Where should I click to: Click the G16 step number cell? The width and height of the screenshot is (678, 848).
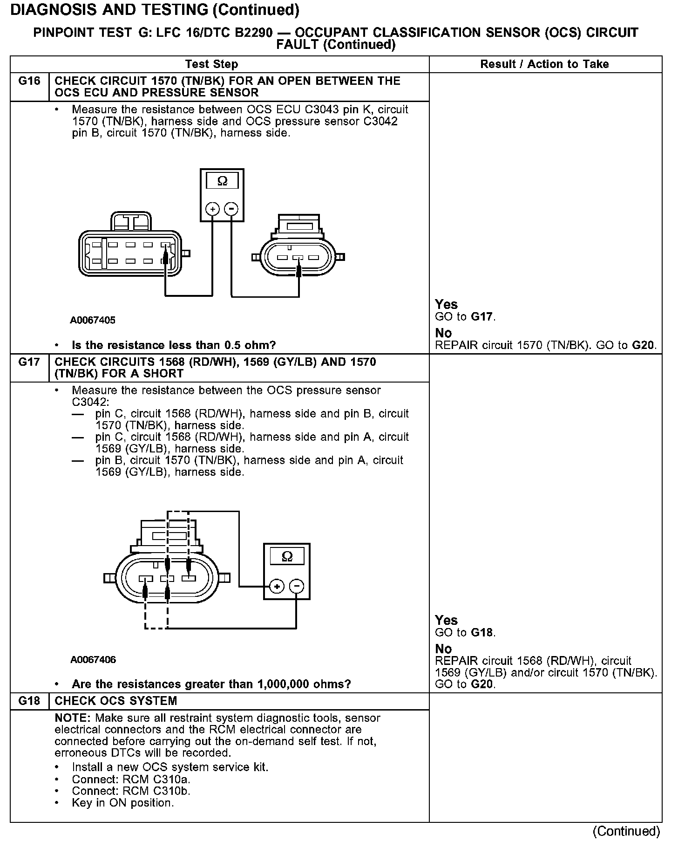(29, 82)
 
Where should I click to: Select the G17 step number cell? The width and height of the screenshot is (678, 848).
(29, 362)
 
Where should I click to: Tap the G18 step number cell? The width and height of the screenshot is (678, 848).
(29, 701)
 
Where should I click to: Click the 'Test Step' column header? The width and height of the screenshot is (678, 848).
(211, 64)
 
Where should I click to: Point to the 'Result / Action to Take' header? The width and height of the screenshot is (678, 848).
(544, 64)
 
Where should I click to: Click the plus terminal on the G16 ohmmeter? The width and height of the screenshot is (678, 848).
(212, 209)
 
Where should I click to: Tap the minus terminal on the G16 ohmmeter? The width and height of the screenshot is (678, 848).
(231, 209)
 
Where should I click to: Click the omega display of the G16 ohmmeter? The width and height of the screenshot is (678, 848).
(222, 181)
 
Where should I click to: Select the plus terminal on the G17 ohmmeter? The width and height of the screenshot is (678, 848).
(277, 586)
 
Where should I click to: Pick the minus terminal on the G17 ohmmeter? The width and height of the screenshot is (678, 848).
(297, 586)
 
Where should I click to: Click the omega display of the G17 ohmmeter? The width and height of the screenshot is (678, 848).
(287, 556)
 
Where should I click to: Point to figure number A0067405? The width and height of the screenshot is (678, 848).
(93, 320)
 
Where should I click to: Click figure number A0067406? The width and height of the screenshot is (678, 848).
(93, 659)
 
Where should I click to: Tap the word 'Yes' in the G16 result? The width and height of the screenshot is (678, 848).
(446, 304)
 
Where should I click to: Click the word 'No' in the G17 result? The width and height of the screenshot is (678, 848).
(443, 649)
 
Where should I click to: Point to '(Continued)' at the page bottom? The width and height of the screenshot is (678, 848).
(626, 831)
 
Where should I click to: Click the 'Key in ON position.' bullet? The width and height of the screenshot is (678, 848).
(122, 803)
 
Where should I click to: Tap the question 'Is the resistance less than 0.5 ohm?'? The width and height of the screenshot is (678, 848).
(174, 345)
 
